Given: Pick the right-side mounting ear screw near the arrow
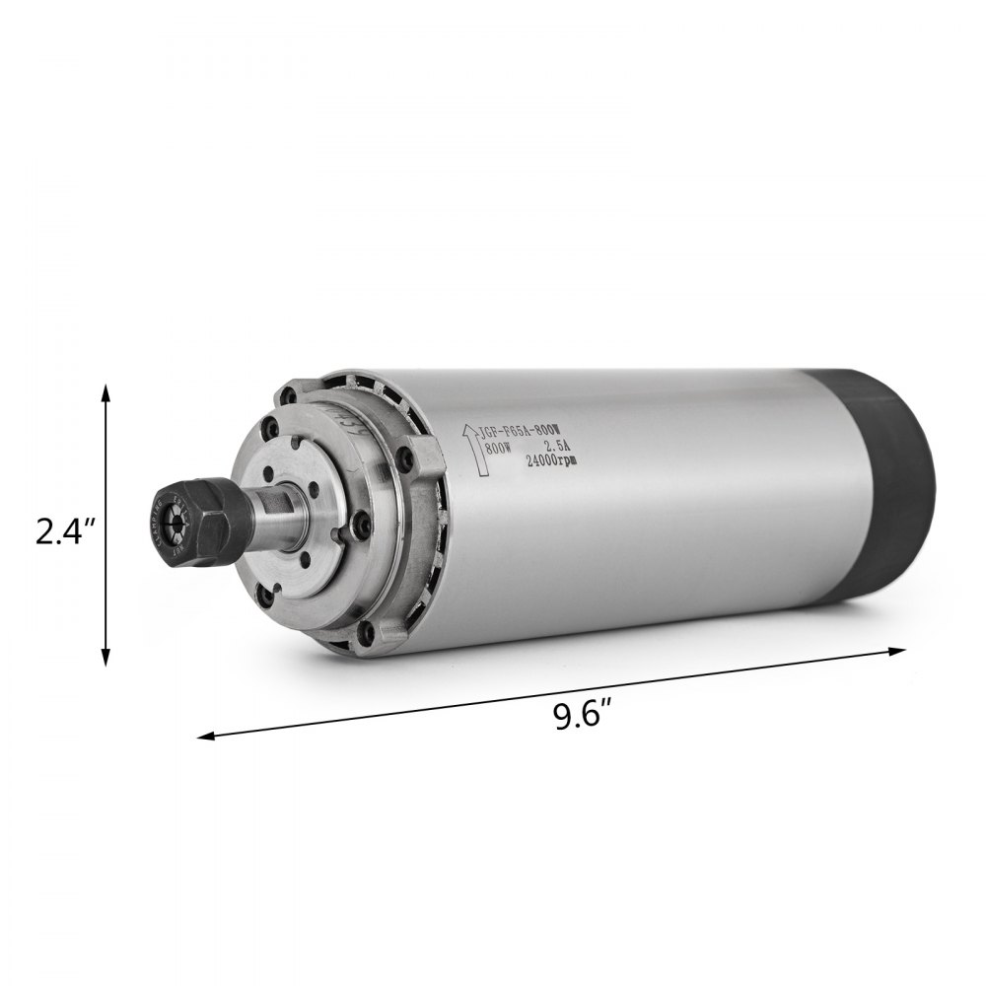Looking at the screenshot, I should pyautogui.click(x=403, y=458).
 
